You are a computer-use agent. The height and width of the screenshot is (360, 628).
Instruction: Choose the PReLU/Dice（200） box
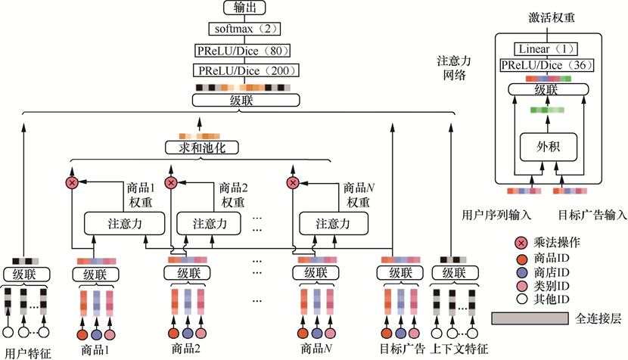246,70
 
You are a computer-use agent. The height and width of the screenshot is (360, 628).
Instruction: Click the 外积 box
549,145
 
